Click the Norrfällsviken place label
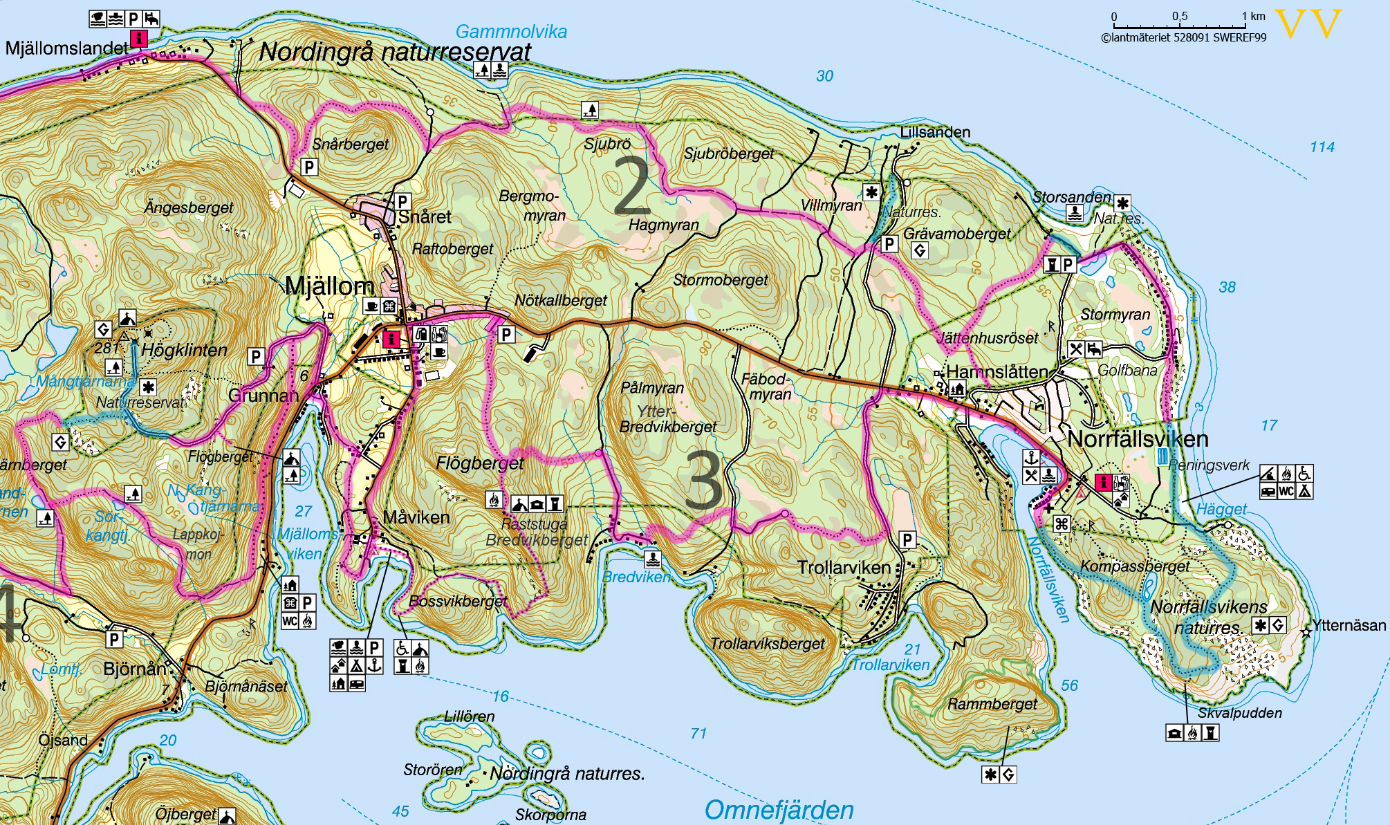[1138, 439]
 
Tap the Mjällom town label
[329, 286]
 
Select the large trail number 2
[631, 185]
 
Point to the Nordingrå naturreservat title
[395, 52]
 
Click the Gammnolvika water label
[510, 32]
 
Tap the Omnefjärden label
[779, 810]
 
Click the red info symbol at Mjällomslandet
[139, 38]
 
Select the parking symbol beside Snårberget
[309, 167]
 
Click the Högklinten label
[184, 350]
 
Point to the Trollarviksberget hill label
[768, 644]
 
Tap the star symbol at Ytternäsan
[1306, 631]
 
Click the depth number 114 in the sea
[1322, 147]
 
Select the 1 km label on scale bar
[1253, 16]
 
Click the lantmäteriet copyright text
[1183, 37]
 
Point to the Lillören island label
[469, 716]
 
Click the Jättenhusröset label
[987, 338]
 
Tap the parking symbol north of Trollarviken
[907, 539]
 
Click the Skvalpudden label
[1239, 713]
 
